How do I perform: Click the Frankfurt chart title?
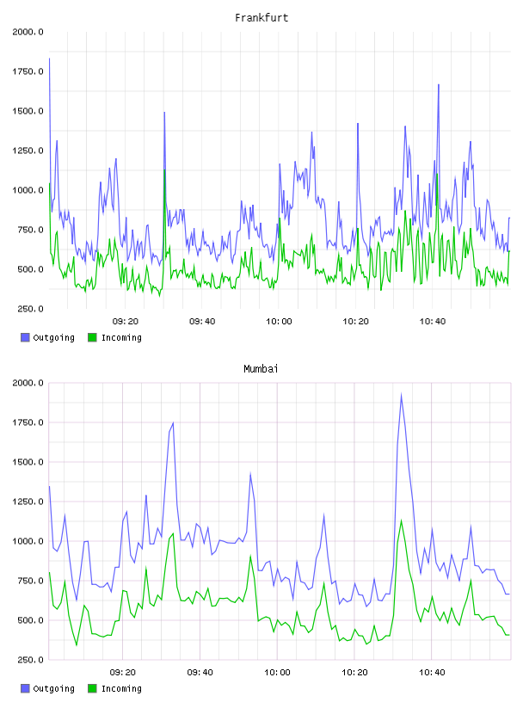261,18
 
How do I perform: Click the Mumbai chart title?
261,369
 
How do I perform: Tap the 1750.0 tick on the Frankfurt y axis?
28,71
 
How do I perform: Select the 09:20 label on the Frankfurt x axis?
126,322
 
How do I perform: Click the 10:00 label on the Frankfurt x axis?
279,322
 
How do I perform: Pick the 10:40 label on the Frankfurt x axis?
433,322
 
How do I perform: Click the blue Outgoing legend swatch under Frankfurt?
25,337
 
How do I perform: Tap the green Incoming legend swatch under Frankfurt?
92,337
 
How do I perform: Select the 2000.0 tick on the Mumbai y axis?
28,383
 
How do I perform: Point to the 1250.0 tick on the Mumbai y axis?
28,502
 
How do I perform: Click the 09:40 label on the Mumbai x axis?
200,673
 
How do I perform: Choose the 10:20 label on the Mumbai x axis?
354,673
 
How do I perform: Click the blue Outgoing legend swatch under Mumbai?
25,688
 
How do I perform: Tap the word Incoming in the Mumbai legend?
121,689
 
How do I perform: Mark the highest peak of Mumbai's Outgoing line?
401,394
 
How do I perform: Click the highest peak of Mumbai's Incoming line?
401,520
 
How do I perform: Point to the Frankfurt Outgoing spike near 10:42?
439,84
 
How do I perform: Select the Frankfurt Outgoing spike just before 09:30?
165,113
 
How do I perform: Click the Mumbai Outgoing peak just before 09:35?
173,422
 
